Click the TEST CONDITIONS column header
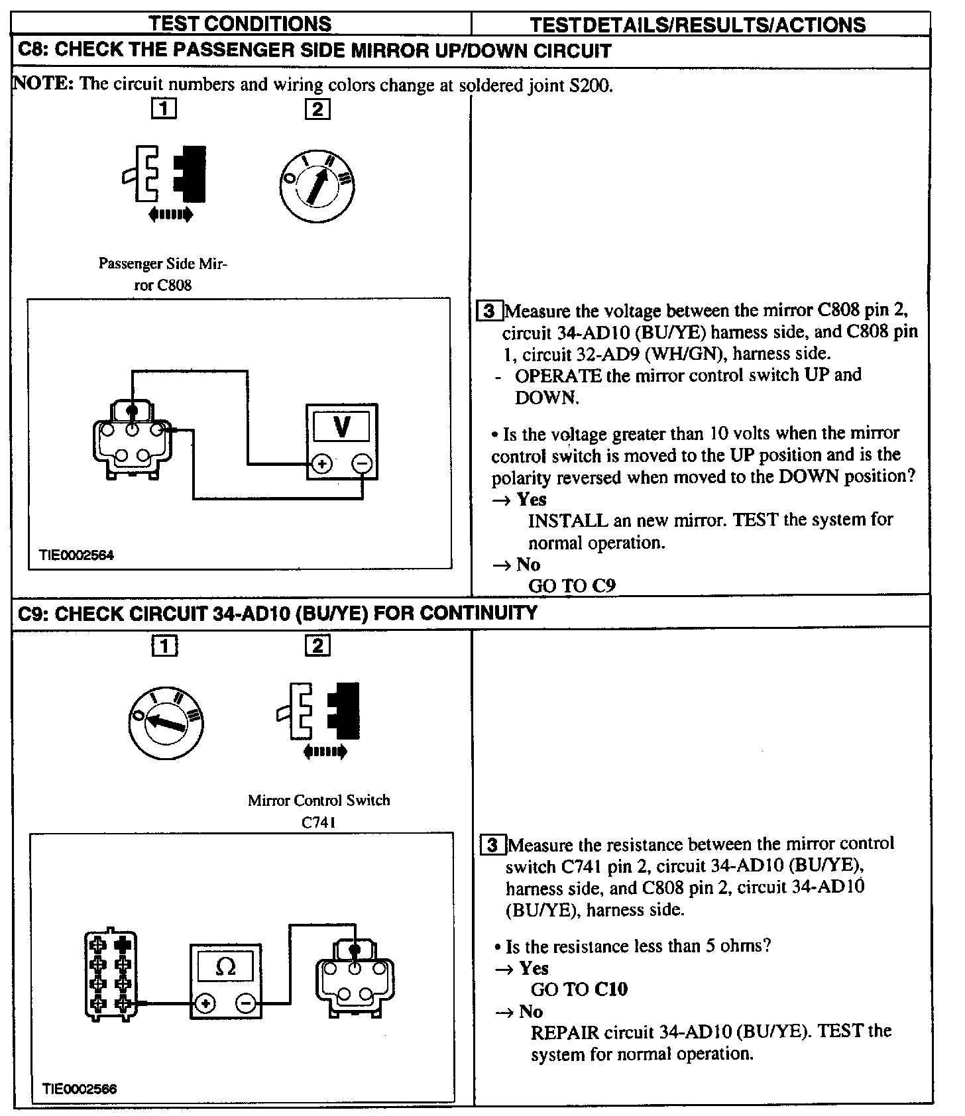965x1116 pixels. click(x=240, y=24)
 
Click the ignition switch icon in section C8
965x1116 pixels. click(x=317, y=186)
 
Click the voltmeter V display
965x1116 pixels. click(x=341, y=426)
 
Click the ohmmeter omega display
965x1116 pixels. click(x=225, y=968)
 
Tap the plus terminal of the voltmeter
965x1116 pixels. click(x=321, y=464)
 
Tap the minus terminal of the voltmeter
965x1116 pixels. click(x=362, y=464)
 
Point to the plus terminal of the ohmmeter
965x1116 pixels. click(x=205, y=1004)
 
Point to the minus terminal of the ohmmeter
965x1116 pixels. click(x=245, y=1004)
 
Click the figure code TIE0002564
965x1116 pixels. click(x=77, y=555)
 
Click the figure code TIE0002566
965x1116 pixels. click(x=80, y=1089)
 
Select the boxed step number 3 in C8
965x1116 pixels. click(x=489, y=311)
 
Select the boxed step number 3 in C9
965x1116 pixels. click(x=492, y=845)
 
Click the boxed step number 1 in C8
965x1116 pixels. click(x=164, y=108)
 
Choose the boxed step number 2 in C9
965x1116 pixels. click(x=317, y=645)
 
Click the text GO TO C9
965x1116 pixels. click(x=571, y=586)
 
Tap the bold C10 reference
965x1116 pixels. click(x=611, y=989)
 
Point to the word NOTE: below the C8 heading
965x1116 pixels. click(x=44, y=84)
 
